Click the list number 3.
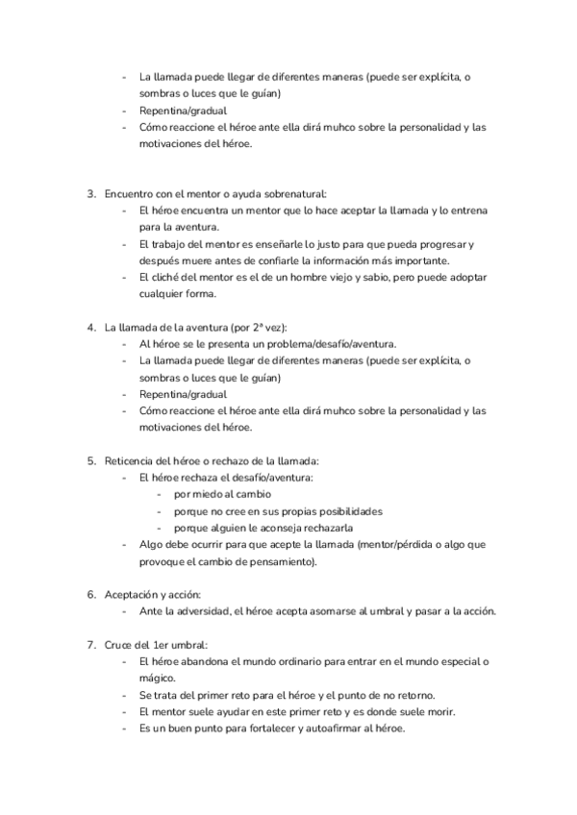click(91, 193)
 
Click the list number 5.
click(91, 460)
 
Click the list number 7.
click(91, 644)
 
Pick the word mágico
click(157, 679)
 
